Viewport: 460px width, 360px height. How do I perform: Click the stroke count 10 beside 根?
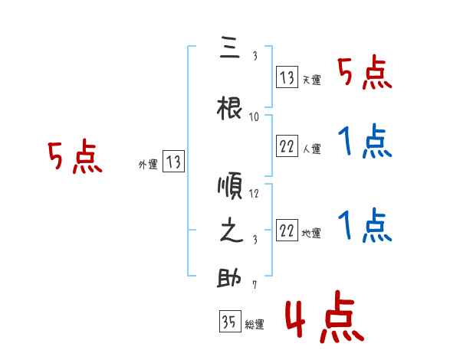pos(255,117)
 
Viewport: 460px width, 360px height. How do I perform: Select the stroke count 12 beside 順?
pos(255,193)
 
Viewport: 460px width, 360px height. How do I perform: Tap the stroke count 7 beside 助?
pos(255,285)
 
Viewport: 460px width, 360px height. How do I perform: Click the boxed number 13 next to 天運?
pos(287,77)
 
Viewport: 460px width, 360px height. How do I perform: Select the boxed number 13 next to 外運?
pos(174,162)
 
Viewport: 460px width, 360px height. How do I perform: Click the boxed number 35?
pos(228,322)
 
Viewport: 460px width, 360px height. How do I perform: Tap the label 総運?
pos(255,325)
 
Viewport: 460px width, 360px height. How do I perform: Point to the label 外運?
pos(148,164)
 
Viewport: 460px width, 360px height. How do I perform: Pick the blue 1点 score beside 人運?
pos(365,142)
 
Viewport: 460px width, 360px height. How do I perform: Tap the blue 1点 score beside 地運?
pos(365,226)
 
